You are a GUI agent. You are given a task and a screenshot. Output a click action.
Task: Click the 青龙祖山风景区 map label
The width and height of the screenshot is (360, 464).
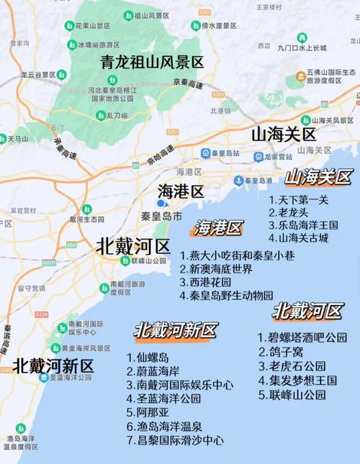click(x=152, y=62)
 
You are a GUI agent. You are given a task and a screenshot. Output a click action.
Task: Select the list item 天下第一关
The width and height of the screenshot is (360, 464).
click(x=299, y=199)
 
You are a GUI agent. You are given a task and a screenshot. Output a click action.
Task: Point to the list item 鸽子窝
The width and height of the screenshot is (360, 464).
click(x=282, y=351)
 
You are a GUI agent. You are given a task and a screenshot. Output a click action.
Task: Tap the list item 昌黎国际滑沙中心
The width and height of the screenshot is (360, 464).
click(x=175, y=440)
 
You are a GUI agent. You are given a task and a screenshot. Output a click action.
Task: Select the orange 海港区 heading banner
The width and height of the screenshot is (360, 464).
click(x=218, y=229)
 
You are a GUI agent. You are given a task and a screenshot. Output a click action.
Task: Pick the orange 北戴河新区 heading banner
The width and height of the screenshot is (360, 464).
click(x=175, y=330)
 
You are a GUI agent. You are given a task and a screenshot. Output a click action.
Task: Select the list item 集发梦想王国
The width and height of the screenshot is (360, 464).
click(x=297, y=380)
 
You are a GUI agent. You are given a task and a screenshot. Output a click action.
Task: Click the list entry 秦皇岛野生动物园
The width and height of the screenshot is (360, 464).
click(x=227, y=295)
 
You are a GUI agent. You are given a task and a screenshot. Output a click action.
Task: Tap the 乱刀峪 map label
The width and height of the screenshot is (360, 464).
click(x=117, y=115)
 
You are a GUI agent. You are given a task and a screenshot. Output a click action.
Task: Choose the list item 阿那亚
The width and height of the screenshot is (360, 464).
click(x=148, y=412)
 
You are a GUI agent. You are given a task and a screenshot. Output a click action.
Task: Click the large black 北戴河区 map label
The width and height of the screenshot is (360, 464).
click(x=132, y=245)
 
